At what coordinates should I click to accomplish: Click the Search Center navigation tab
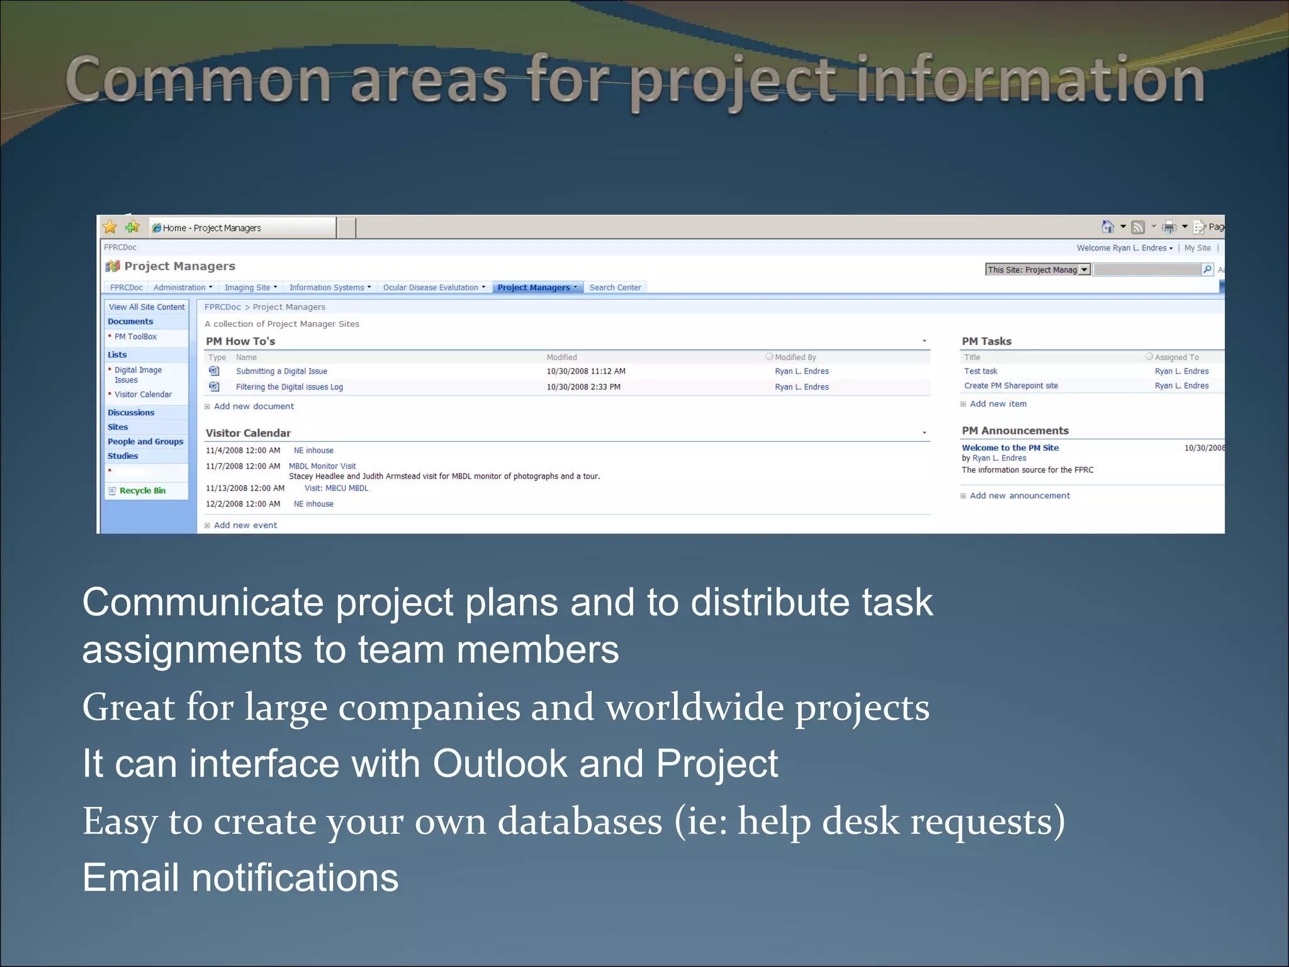click(615, 288)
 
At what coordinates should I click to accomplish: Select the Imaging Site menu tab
click(247, 288)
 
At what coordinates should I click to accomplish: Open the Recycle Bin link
click(142, 490)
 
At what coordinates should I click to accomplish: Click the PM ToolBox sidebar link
click(135, 337)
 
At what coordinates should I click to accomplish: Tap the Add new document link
click(254, 406)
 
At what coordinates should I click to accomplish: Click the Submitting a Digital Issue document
click(281, 371)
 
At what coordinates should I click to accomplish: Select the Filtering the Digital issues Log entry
click(289, 387)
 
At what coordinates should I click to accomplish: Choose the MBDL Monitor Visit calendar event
click(322, 467)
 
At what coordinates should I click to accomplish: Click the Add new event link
click(245, 525)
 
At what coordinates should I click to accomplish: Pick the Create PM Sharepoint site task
click(1011, 386)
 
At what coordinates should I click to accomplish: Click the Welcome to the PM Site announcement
click(1010, 448)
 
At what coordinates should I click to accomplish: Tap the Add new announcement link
click(1020, 495)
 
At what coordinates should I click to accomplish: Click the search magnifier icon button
click(1207, 269)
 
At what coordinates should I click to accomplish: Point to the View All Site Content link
click(147, 307)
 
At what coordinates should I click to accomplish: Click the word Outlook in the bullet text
click(500, 764)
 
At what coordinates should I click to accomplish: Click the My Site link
click(1197, 248)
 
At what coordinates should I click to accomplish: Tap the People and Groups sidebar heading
click(145, 442)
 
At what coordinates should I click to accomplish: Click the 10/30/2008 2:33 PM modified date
click(583, 387)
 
